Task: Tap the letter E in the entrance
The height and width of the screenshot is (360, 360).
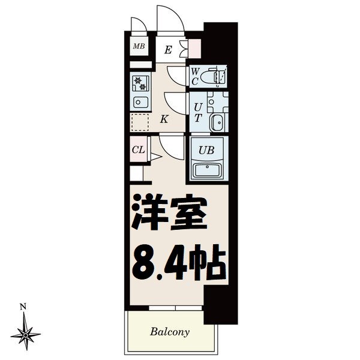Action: (x=169, y=50)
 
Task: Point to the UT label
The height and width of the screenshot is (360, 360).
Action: (x=197, y=112)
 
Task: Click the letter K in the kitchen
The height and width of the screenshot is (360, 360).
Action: (x=164, y=119)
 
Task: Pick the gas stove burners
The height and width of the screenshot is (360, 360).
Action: (x=139, y=82)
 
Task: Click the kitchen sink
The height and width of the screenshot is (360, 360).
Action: (x=140, y=101)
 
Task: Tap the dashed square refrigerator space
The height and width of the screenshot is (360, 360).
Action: (x=140, y=122)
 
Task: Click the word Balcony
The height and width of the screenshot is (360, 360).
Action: (x=170, y=331)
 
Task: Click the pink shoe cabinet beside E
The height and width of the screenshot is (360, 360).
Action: (x=194, y=50)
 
